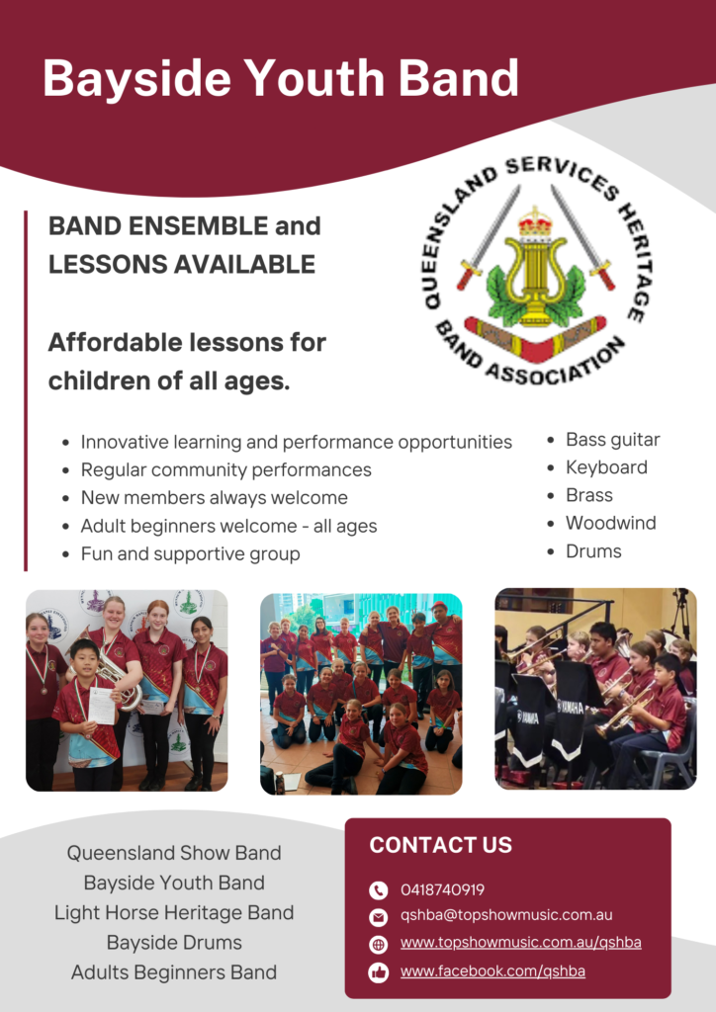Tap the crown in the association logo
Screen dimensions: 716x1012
click(x=536, y=221)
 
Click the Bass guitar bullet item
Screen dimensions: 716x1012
click(x=613, y=440)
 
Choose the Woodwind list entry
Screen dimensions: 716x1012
click(x=611, y=523)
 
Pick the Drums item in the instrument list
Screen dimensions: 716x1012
click(x=593, y=551)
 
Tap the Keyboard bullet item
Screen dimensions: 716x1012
click(x=606, y=467)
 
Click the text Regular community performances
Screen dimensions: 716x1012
click(x=225, y=469)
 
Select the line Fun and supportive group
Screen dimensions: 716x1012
click(x=191, y=553)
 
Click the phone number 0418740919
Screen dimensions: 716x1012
click(x=442, y=890)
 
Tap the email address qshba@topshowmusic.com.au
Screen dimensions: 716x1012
click(x=506, y=915)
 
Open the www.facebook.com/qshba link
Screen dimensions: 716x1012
click(x=492, y=971)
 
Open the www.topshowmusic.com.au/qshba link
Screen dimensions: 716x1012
click(x=521, y=943)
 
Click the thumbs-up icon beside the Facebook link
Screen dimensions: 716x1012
click(x=379, y=972)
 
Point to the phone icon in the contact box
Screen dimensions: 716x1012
click(x=379, y=890)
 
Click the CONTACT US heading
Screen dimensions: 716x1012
click(x=441, y=845)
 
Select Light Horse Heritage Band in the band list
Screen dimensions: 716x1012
click(x=174, y=912)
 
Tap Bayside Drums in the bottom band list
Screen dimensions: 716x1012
click(x=174, y=942)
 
